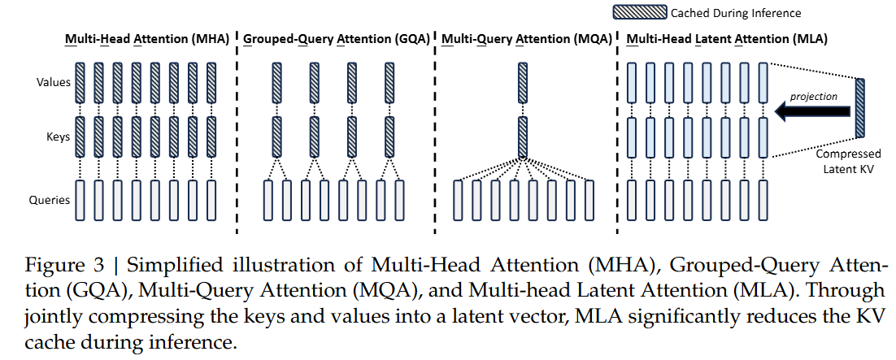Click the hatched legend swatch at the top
point(639,12)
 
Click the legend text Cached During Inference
point(736,12)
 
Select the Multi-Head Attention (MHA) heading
point(147,40)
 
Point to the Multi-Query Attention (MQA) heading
point(526,40)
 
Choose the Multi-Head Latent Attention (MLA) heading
point(727,40)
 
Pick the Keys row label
point(59,137)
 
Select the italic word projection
point(813,96)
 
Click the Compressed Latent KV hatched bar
point(860,109)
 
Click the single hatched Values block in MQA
point(522,82)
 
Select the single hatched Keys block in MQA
point(522,137)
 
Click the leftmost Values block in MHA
point(80,82)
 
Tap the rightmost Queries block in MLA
point(763,200)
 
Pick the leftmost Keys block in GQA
point(276,137)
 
